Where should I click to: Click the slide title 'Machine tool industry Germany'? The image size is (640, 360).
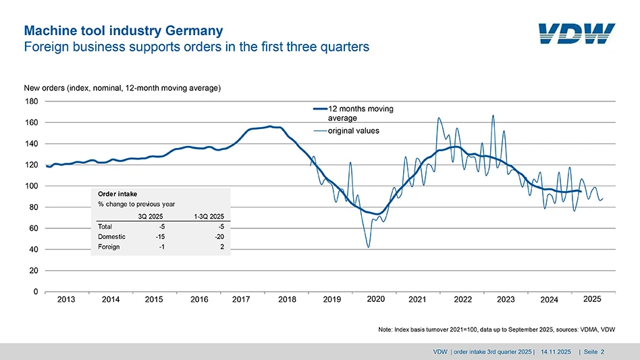[123, 31]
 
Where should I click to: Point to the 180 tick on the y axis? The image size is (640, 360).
[31, 101]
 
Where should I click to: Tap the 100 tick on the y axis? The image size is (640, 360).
[31, 186]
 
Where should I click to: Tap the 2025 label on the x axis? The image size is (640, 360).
[591, 299]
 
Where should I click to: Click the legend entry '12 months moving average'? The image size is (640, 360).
[360, 113]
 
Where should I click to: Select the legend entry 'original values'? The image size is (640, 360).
[354, 131]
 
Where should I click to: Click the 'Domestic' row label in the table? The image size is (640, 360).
[111, 236]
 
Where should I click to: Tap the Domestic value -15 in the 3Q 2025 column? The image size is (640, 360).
[151, 236]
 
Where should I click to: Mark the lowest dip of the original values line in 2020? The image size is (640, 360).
[368, 247]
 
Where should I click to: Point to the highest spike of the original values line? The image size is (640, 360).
[494, 115]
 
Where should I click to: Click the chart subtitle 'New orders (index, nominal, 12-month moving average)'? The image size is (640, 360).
[122, 88]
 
